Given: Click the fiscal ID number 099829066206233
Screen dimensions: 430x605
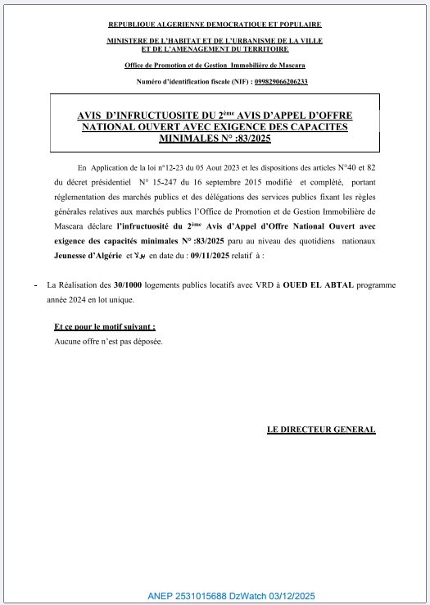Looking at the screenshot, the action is click(x=269, y=82).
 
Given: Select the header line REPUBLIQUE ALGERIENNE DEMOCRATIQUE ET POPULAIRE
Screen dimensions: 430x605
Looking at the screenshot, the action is click(x=214, y=25).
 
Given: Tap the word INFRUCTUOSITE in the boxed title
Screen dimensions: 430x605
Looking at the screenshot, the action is click(x=157, y=116).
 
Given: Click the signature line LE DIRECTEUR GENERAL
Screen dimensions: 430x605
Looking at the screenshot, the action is click(x=321, y=430).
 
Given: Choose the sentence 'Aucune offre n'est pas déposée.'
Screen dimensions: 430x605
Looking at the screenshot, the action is click(x=108, y=340).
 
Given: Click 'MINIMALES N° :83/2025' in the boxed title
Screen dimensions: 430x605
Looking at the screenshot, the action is click(x=214, y=139).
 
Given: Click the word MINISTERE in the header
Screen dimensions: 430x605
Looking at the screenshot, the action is click(x=127, y=40).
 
